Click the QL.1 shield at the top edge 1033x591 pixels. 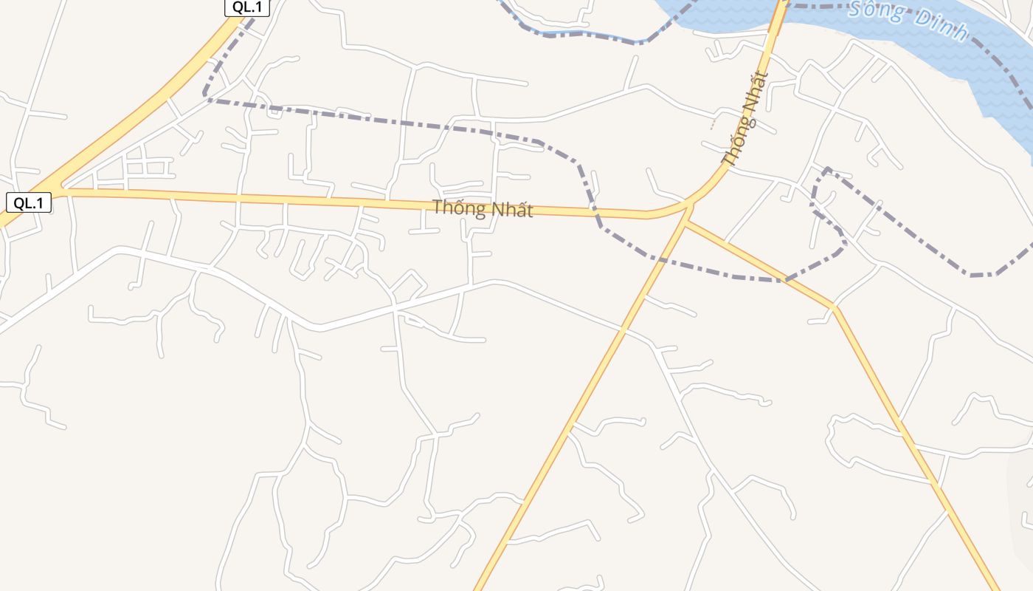point(247,7)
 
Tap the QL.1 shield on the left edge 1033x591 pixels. point(29,203)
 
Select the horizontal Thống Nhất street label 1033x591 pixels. point(482,209)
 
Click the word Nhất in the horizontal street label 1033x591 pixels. point(510,211)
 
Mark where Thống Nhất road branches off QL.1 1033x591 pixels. point(62,190)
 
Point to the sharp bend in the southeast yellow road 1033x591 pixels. point(834,307)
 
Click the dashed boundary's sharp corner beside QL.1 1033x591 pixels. point(205,96)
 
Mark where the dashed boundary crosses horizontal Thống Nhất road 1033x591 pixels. point(596,215)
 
